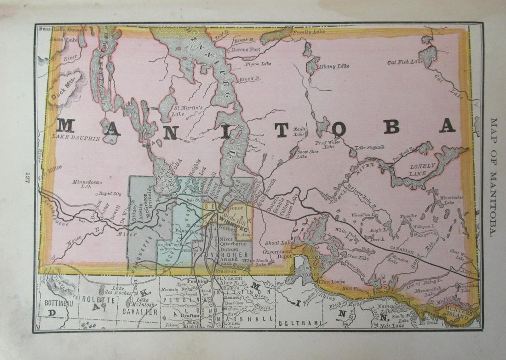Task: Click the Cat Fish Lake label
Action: point(404,62)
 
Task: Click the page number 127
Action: point(27,176)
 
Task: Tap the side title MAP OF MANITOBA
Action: point(494,177)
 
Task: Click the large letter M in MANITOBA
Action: point(65,125)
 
